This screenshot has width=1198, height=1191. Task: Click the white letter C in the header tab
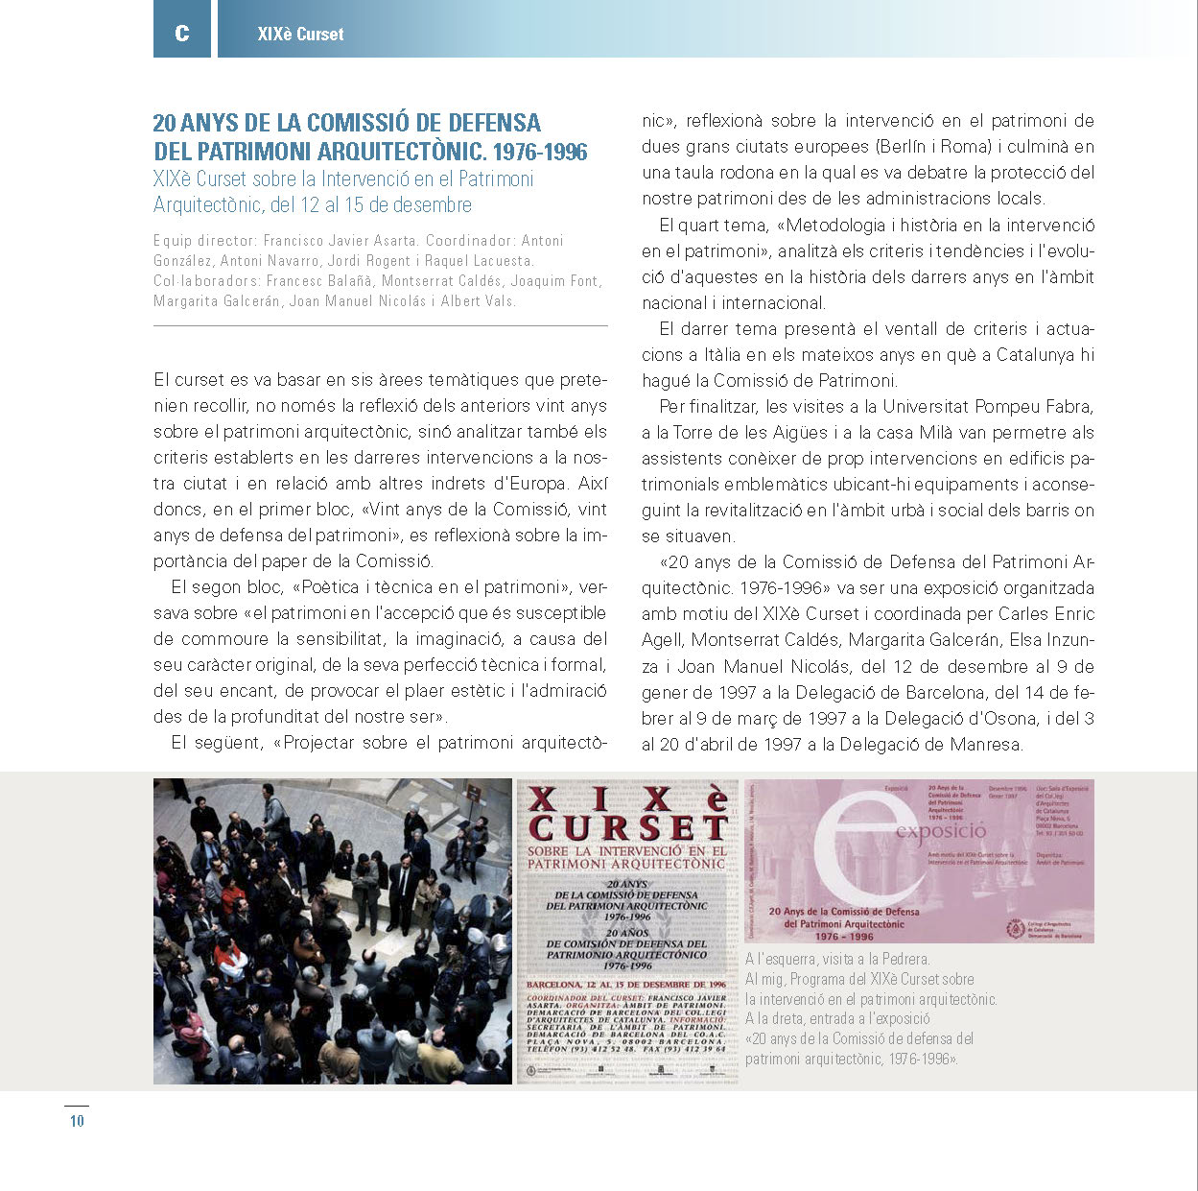coord(182,34)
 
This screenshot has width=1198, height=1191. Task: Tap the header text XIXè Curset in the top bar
coord(300,35)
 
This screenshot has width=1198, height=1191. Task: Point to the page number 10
coord(77,1120)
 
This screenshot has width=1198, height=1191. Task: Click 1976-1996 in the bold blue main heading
coord(540,152)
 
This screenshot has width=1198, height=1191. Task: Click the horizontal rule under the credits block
coord(380,326)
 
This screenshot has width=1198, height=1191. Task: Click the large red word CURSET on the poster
coord(628,828)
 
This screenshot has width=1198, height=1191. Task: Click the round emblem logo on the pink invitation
coord(1015,929)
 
